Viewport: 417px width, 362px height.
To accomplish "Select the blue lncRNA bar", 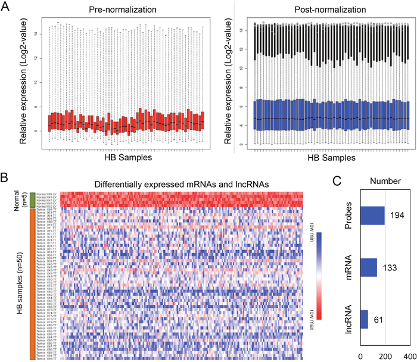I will pos(364,320).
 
